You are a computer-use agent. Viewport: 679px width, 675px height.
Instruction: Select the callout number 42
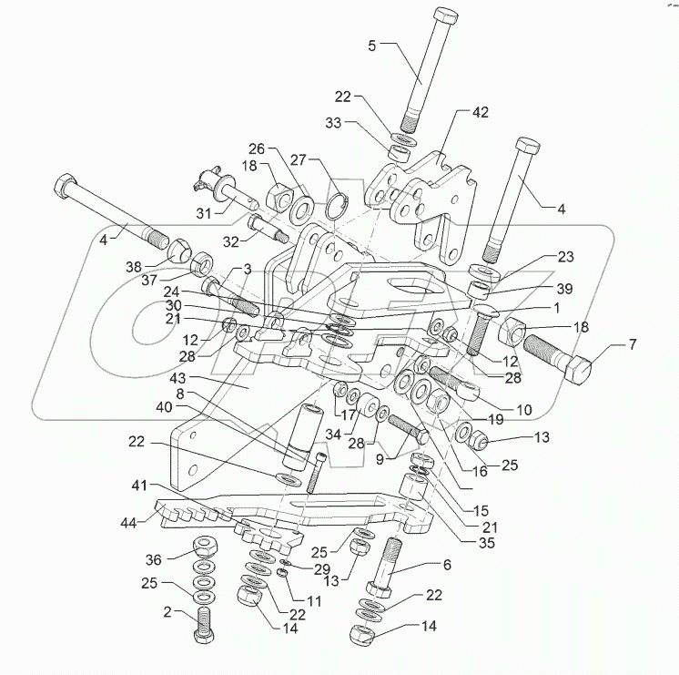point(479,112)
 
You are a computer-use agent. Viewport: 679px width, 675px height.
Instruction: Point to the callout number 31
point(202,213)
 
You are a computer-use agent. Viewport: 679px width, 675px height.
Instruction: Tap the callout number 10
point(523,410)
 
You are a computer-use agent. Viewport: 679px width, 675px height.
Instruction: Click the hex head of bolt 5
point(446,18)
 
